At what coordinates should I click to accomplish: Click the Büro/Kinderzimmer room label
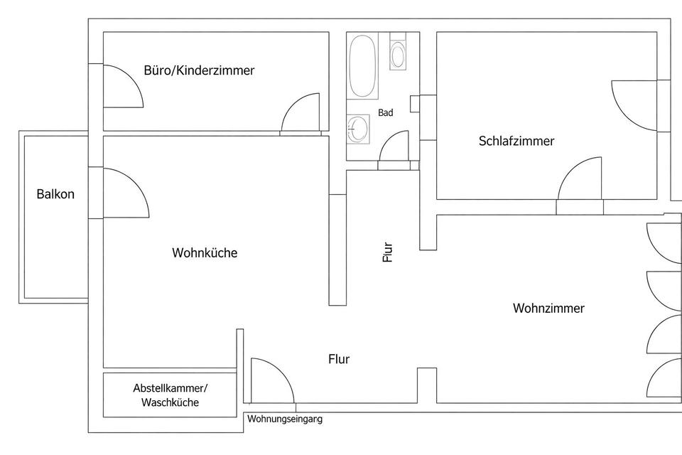coord(199,70)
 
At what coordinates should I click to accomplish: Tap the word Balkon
coord(55,193)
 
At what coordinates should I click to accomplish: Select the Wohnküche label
coord(205,252)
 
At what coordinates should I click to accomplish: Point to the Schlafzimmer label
coord(516,141)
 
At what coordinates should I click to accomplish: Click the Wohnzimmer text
coord(548,308)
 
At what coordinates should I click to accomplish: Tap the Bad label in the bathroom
coord(386,112)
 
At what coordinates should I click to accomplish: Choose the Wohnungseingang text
coord(285,419)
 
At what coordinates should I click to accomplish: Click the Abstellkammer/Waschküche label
coord(170,395)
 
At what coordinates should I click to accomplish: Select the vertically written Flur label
coord(387,252)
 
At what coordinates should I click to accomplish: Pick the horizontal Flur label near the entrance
coord(339,359)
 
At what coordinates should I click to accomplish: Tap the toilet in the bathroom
coord(399,54)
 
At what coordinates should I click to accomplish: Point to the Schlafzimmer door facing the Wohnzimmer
coord(579,181)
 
